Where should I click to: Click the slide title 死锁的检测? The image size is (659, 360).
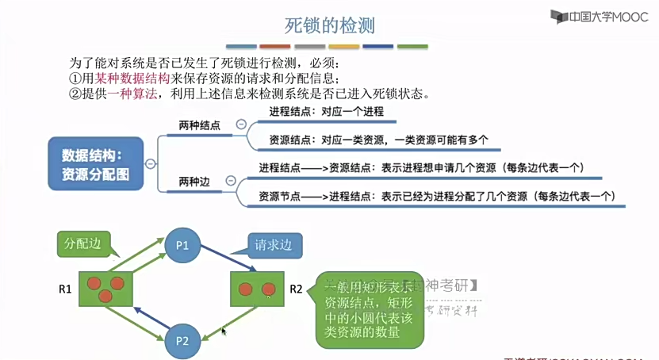pyautogui.click(x=329, y=25)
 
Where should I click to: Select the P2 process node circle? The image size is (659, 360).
pyautogui.click(x=182, y=342)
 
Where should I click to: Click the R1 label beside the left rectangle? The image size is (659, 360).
pyautogui.click(x=66, y=289)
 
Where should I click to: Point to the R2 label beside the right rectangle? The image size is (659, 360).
pyautogui.click(x=297, y=289)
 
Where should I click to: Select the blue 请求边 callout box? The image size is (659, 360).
pyautogui.click(x=272, y=245)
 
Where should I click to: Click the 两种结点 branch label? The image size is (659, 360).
pyautogui.click(x=198, y=125)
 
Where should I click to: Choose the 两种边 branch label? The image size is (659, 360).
pyautogui.click(x=193, y=182)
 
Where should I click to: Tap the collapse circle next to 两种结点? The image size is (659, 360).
pyautogui.click(x=240, y=125)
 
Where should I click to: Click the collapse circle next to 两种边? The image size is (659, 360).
pyautogui.click(x=230, y=181)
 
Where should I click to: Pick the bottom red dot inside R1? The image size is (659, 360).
pyautogui.click(x=104, y=296)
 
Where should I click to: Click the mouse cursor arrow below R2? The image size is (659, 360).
pyautogui.click(x=224, y=331)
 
